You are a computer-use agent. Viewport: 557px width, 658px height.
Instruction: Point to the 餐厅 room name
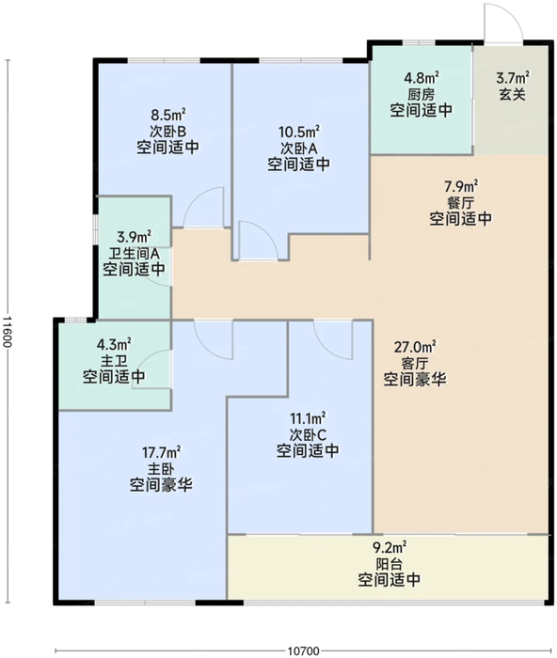tap(461, 201)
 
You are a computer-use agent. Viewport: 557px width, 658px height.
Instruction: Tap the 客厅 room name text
tap(414, 363)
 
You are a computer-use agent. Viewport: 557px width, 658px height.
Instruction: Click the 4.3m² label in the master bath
tap(113, 344)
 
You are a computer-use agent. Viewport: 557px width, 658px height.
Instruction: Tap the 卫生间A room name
tap(134, 252)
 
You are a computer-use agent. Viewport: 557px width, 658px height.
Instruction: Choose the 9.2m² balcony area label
tap(388, 546)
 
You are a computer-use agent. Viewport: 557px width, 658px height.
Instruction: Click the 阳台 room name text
tap(388, 563)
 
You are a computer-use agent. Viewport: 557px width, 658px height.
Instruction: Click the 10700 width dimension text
tap(303, 650)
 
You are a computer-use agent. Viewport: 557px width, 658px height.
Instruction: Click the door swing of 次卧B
tap(203, 209)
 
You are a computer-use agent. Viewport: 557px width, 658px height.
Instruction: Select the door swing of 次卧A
tap(255, 241)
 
